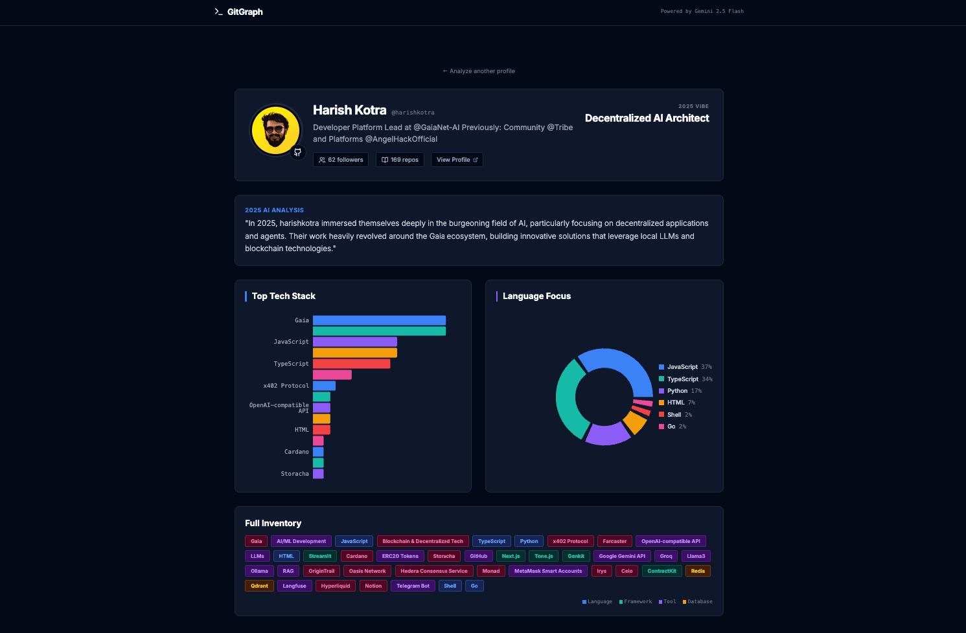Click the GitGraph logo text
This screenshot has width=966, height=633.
[x=244, y=12]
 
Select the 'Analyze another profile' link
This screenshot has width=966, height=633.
[x=479, y=71]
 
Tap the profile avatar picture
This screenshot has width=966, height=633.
[x=275, y=130]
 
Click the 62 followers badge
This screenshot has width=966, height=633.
[x=341, y=159]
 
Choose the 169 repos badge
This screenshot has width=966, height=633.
[x=400, y=159]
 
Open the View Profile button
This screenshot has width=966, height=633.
[x=457, y=159]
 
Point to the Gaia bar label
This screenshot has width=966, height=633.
[x=301, y=320]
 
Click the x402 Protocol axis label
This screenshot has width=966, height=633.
[x=286, y=386]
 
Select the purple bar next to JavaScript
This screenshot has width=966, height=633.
[x=355, y=342]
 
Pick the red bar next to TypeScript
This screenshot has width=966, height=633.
[x=351, y=364]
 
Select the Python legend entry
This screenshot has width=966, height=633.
[x=680, y=391]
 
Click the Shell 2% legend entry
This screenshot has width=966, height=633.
[x=675, y=414]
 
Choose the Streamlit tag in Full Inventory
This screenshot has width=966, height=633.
[x=320, y=556]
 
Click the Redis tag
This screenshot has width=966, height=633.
[x=698, y=571]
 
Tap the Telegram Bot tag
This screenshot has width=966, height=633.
[x=413, y=586]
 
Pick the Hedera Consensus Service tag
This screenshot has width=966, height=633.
[x=434, y=571]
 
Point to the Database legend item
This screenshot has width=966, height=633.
[x=697, y=601]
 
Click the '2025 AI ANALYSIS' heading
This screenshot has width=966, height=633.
[x=274, y=210]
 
